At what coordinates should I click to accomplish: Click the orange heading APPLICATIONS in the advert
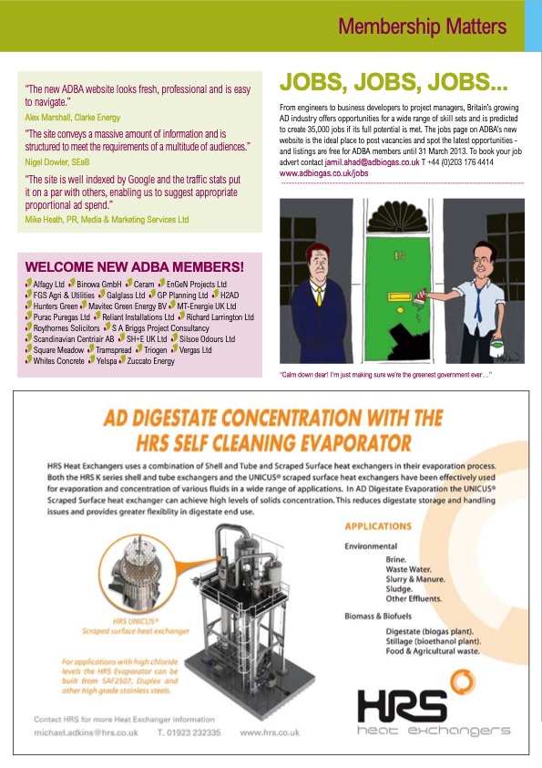click(x=378, y=526)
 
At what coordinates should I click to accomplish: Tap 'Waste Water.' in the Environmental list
click(x=408, y=568)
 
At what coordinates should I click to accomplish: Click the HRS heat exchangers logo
click(x=433, y=711)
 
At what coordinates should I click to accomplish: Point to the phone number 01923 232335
click(x=189, y=732)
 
